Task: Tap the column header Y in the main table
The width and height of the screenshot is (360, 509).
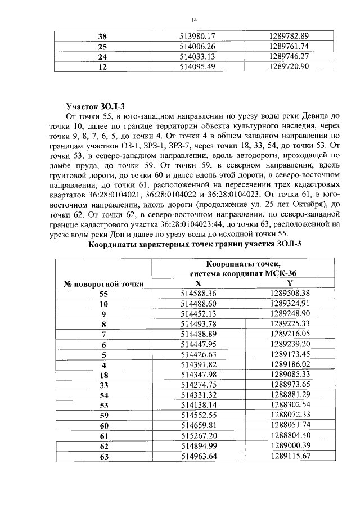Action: coord(290,283)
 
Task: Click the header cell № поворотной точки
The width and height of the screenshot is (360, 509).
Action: coord(103,283)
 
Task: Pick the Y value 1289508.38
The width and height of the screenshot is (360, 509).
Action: coord(290,294)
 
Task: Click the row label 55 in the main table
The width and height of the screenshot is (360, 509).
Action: coord(103,294)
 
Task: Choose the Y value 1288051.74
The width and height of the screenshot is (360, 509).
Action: coord(290,425)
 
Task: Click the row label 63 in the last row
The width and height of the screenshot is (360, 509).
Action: coord(103,456)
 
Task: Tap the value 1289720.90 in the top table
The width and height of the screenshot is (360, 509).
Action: coord(290,66)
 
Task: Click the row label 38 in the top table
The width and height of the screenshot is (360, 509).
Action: coord(102,36)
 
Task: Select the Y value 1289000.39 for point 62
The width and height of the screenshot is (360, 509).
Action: coord(290,445)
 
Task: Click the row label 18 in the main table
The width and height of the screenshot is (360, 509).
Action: coord(103,375)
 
